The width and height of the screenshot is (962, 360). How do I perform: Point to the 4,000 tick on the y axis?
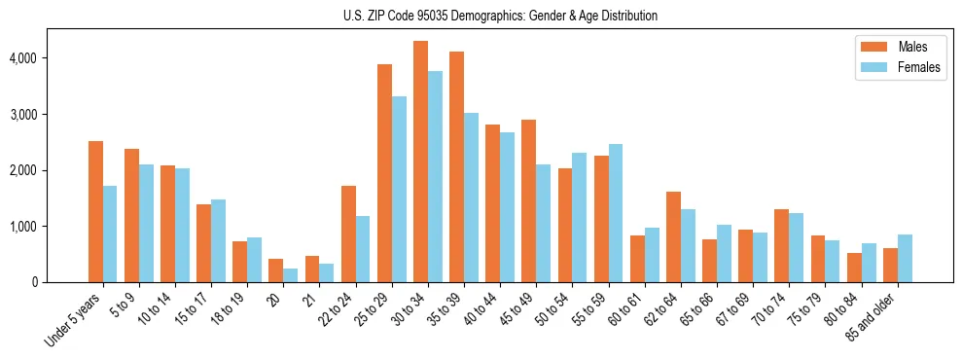(20, 58)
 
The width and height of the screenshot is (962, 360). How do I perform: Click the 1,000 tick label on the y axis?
(20, 227)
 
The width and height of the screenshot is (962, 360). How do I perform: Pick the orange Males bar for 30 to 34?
(420, 162)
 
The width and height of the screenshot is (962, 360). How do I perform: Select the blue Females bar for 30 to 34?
(435, 176)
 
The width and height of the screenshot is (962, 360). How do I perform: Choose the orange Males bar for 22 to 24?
(348, 234)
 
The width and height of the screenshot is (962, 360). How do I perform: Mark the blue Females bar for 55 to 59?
(616, 213)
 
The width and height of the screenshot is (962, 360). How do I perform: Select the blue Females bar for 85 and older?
(905, 258)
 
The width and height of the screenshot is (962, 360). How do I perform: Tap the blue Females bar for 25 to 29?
(399, 189)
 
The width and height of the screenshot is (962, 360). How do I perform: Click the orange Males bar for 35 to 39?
(456, 166)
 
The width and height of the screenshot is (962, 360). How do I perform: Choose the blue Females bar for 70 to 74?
(797, 247)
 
